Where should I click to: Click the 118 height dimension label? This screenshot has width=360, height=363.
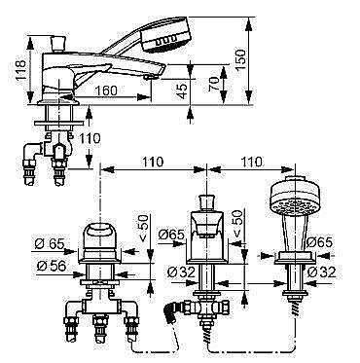[20, 70]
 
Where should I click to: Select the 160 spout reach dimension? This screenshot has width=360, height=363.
[106, 91]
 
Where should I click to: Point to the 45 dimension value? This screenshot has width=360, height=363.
[183, 91]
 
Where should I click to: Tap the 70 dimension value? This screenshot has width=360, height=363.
[215, 84]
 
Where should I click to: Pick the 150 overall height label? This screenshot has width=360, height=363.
[240, 60]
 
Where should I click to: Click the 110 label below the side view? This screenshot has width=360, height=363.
[90, 138]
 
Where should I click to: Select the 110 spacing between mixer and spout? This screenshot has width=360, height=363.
[153, 162]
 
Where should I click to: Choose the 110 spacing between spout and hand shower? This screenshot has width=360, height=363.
[251, 162]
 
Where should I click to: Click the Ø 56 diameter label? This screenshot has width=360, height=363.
[52, 266]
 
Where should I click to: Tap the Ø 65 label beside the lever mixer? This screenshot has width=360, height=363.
[50, 243]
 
